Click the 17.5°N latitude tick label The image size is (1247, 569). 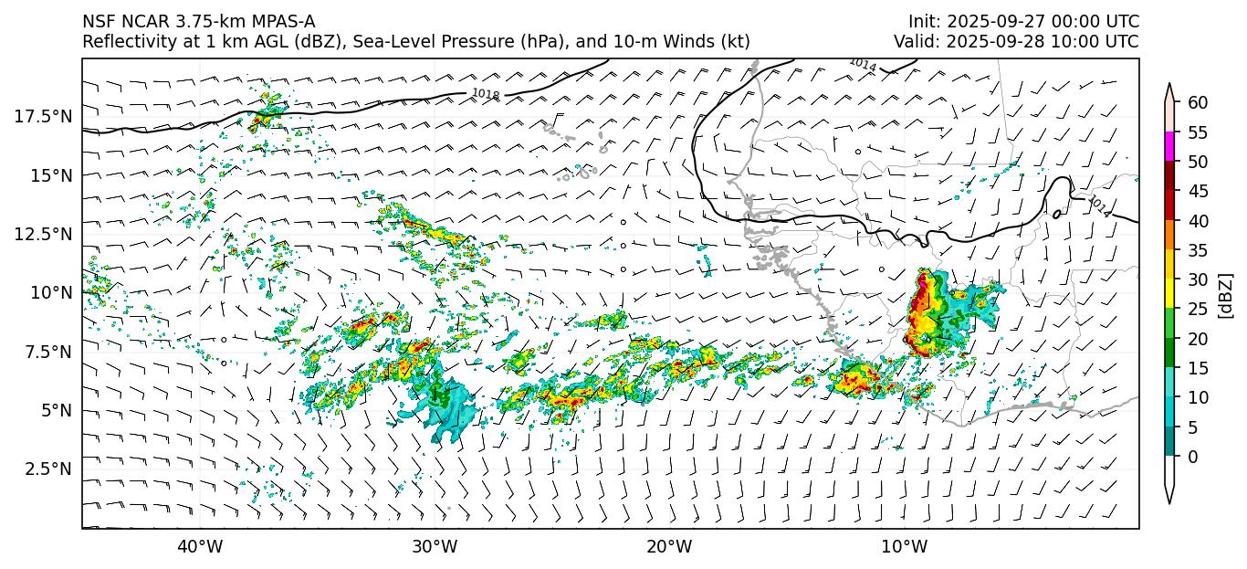[44, 116]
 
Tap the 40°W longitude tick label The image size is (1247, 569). [199, 547]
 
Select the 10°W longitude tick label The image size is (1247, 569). [904, 547]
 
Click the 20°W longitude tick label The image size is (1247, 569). [669, 547]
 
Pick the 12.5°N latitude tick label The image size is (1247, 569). [44, 234]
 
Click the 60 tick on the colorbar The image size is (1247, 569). [1198, 102]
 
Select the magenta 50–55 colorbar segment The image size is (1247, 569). [1169, 147]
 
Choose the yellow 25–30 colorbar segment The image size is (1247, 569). [1169, 294]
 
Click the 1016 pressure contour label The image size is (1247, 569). [486, 94]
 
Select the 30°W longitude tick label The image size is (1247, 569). [434, 547]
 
